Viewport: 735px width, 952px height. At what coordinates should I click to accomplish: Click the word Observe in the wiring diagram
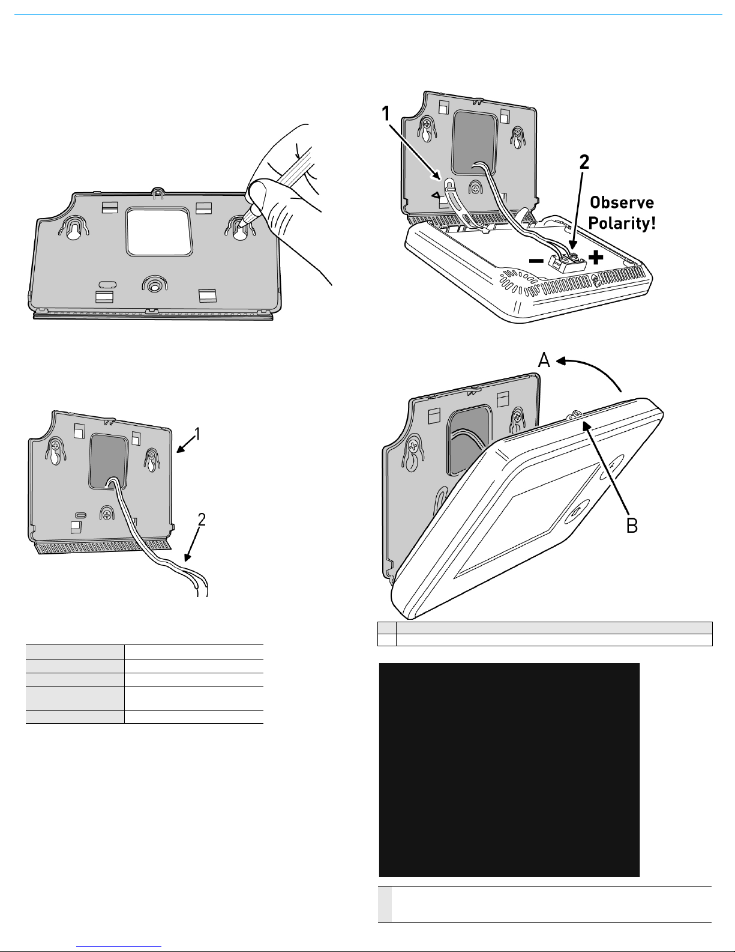point(622,202)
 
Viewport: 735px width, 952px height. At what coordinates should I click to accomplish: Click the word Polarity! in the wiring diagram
point(622,224)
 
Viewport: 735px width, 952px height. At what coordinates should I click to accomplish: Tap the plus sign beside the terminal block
point(596,258)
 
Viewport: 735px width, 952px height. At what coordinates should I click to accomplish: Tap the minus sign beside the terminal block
point(536,261)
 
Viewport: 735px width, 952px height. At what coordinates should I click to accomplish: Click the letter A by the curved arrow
point(544,360)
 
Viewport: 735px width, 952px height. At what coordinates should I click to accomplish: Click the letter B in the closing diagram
point(632,526)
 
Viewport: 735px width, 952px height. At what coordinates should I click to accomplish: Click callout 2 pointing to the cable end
point(202,520)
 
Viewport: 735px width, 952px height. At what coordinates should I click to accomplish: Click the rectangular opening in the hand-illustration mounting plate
point(159,231)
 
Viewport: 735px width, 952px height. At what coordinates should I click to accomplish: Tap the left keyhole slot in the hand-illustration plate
point(74,231)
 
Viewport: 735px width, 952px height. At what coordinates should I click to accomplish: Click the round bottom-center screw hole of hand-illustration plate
point(154,287)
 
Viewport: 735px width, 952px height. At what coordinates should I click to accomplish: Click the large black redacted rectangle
point(509,769)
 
